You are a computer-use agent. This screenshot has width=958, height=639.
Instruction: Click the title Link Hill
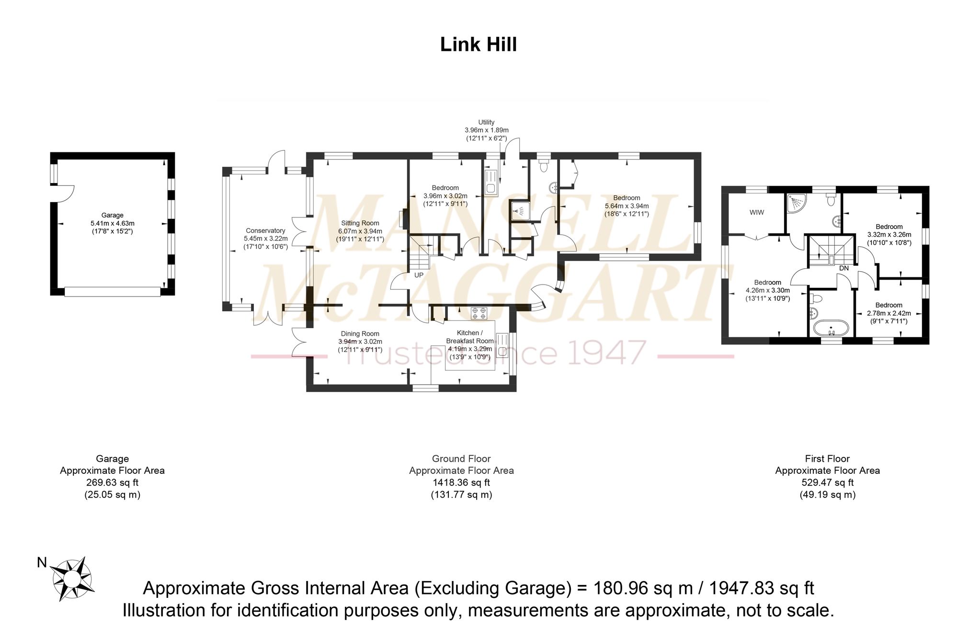click(479, 45)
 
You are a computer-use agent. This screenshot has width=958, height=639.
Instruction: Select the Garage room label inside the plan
click(112, 215)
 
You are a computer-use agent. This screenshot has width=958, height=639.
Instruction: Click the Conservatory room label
click(265, 230)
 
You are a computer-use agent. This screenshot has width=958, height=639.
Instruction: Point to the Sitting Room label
click(360, 223)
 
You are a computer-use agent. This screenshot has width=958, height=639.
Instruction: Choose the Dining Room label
click(360, 334)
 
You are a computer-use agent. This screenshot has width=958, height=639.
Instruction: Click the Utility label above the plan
click(486, 122)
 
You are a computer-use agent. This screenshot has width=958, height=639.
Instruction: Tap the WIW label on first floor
click(757, 212)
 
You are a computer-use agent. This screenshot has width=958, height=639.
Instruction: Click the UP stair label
click(419, 275)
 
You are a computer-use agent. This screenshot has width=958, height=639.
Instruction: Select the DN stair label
click(844, 268)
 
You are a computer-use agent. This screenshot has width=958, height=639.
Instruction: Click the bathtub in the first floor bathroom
click(831, 329)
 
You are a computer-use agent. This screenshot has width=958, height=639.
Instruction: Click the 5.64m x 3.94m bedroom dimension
click(627, 206)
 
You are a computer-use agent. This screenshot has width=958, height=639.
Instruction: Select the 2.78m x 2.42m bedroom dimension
click(889, 313)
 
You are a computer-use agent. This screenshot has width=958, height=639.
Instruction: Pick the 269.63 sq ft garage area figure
click(112, 482)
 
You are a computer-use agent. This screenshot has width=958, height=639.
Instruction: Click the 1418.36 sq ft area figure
click(461, 482)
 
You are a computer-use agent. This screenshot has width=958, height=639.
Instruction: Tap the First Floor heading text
click(827, 458)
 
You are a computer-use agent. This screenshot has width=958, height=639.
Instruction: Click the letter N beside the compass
click(42, 562)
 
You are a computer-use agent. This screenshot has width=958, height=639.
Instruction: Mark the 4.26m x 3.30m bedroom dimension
click(768, 290)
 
